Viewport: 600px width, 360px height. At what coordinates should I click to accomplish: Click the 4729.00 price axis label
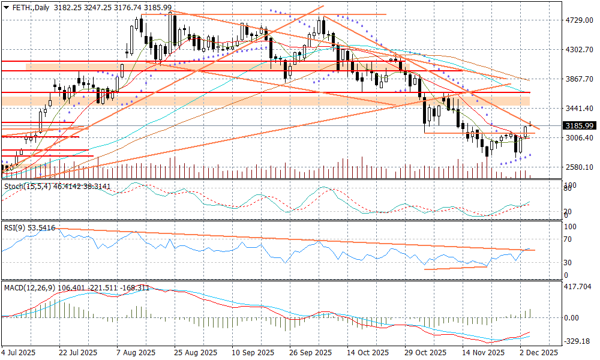pos(579,20)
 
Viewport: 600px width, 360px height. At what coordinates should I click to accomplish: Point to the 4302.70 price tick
pos(579,50)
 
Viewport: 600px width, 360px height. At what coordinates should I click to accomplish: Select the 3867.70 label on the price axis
pos(579,79)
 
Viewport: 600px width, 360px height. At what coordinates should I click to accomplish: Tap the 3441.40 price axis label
pos(579,109)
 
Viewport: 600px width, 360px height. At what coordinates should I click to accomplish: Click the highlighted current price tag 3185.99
pos(579,126)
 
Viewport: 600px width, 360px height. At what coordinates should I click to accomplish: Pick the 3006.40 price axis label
pos(579,138)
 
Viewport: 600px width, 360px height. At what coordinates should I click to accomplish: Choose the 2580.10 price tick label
pos(579,167)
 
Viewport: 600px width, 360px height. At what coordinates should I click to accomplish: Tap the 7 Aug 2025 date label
pos(135,352)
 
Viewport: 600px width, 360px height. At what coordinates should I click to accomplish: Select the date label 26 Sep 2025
pos(311,352)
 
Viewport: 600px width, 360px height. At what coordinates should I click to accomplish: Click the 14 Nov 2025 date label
pos(483,352)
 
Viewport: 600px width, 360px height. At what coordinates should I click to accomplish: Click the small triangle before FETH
pos(6,7)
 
